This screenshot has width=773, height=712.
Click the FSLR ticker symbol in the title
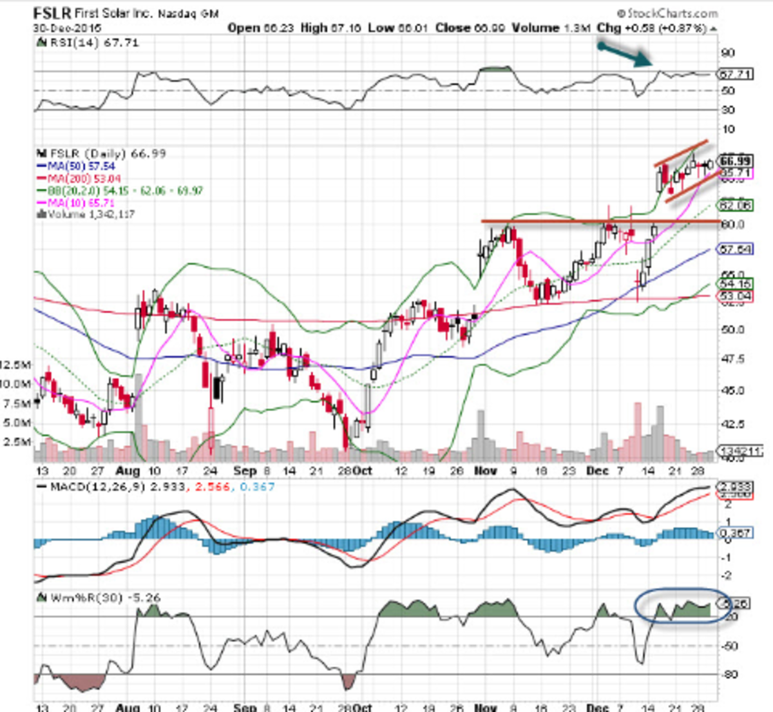pyautogui.click(x=52, y=13)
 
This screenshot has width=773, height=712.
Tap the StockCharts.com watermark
pyautogui.click(x=667, y=13)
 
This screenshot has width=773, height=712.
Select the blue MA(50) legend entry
pyautogui.click(x=77, y=166)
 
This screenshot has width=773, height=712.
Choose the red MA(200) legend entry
pyautogui.click(x=79, y=178)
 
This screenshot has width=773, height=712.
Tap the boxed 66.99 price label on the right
pyautogui.click(x=735, y=160)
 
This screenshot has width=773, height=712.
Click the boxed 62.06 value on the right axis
pyautogui.click(x=735, y=206)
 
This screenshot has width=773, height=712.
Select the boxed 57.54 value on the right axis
pyautogui.click(x=735, y=249)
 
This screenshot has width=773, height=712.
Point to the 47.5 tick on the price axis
pyautogui.click(x=732, y=359)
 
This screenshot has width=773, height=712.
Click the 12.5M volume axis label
pyautogui.click(x=15, y=365)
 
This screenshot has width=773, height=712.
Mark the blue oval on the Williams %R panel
pyautogui.click(x=682, y=606)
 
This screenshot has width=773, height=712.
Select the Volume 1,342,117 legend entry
pyautogui.click(x=87, y=215)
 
